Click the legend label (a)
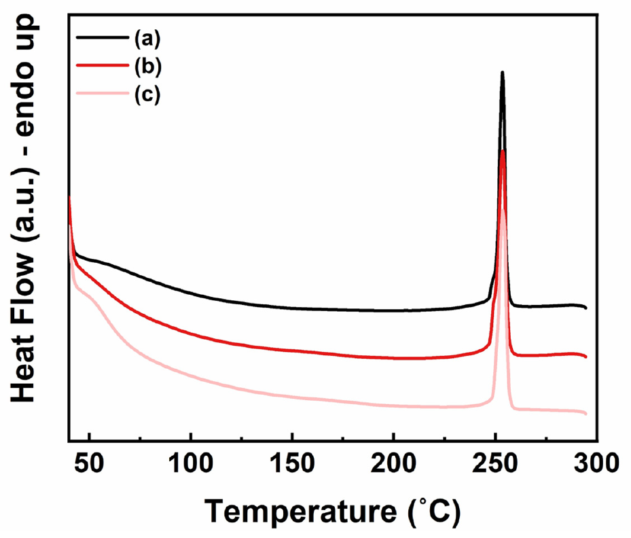tap(146, 39)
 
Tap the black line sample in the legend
tap(101, 38)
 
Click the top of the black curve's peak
tap(502, 72)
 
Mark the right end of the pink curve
tap(585, 413)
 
